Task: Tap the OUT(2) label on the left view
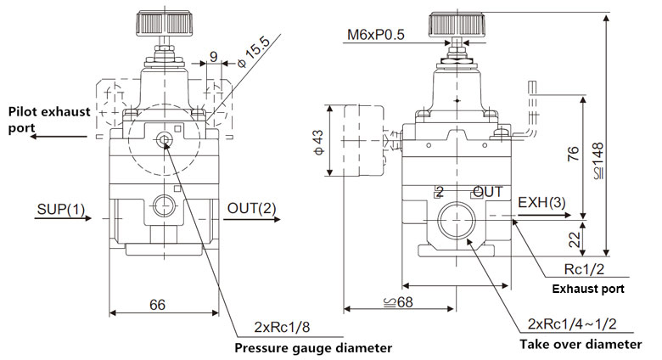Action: pyautogui.click(x=251, y=209)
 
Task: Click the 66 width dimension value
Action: pyautogui.click(x=155, y=304)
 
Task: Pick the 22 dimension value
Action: pyautogui.click(x=574, y=238)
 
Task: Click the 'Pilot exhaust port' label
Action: pyautogui.click(x=48, y=120)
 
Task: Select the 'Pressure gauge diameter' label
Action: pyautogui.click(x=312, y=348)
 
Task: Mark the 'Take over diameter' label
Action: pyautogui.click(x=580, y=345)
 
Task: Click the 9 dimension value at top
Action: pyautogui.click(x=212, y=58)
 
